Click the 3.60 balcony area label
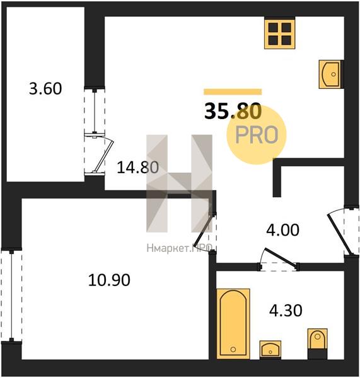pyautogui.click(x=45, y=88)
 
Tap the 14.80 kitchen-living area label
pyautogui.click(x=138, y=168)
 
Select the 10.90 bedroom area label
pyautogui.click(x=109, y=280)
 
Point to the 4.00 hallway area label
pyautogui.click(x=283, y=230)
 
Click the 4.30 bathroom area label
pyautogui.click(x=286, y=310)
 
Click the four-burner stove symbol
pyautogui.click(x=280, y=33)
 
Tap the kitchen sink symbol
pyautogui.click(x=331, y=74)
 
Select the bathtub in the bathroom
pyautogui.click(x=233, y=323)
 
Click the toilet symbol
pyautogui.click(x=318, y=343)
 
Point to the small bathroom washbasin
pyautogui.click(x=270, y=349)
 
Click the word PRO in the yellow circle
pyautogui.click(x=257, y=135)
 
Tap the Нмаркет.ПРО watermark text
pyautogui.click(x=179, y=248)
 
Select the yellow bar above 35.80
pyautogui.click(x=233, y=92)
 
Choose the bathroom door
pyautogui.click(x=280, y=258)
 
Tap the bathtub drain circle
pyautogui.click(x=233, y=349)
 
